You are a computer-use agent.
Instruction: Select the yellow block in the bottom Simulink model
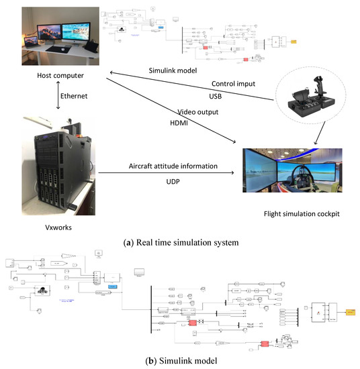tap(350, 312)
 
